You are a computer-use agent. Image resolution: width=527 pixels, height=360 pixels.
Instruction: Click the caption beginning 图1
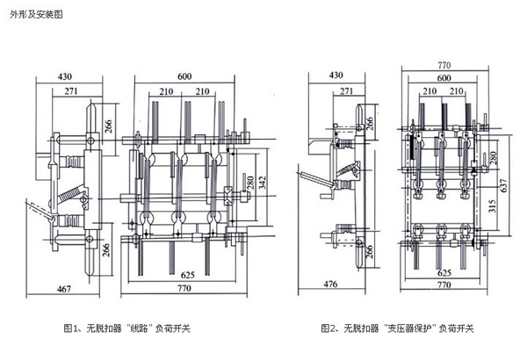tap(126, 328)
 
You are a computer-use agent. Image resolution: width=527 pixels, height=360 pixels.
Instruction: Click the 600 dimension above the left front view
tap(184, 76)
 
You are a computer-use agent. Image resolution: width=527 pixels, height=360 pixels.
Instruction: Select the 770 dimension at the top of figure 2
tap(444, 64)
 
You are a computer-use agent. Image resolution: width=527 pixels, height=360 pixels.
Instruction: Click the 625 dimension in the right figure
tap(444, 272)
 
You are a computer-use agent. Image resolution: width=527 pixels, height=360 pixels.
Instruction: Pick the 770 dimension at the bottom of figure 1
tap(183, 288)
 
